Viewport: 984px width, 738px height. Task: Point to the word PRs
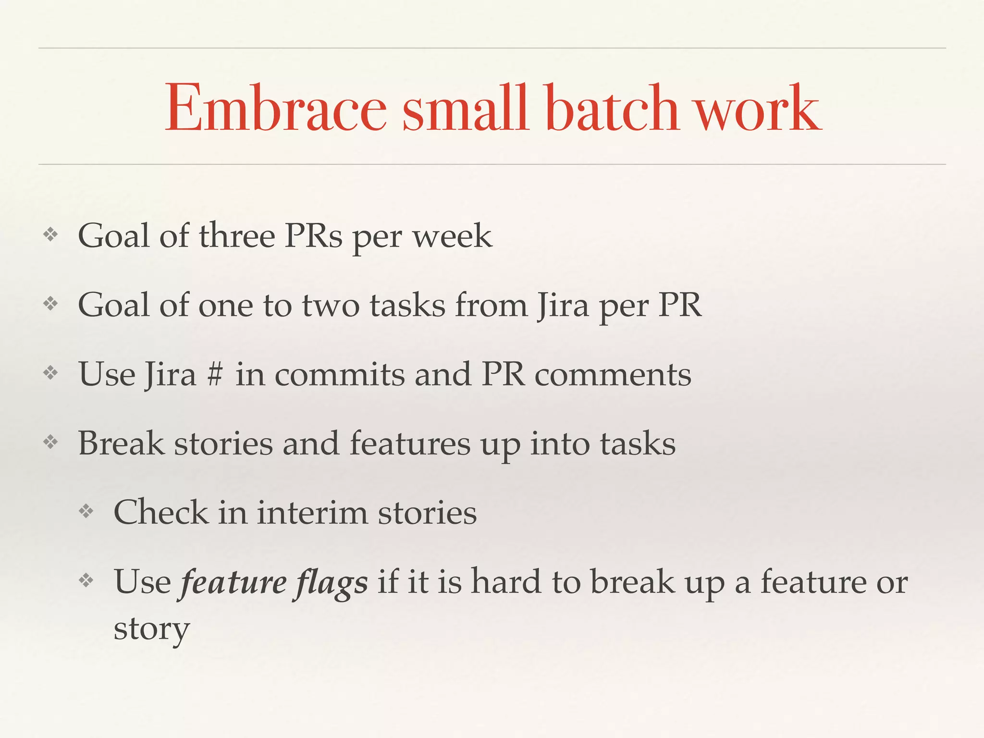313,236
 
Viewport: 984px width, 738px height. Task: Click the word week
452,237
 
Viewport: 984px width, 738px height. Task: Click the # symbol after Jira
215,375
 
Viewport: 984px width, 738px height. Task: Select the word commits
340,375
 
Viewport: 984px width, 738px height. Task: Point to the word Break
121,443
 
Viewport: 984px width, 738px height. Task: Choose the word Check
160,512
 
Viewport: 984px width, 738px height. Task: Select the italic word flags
332,582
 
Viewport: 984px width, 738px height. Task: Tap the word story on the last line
151,628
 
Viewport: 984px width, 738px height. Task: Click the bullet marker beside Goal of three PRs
50,235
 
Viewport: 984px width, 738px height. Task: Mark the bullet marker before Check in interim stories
86,511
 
